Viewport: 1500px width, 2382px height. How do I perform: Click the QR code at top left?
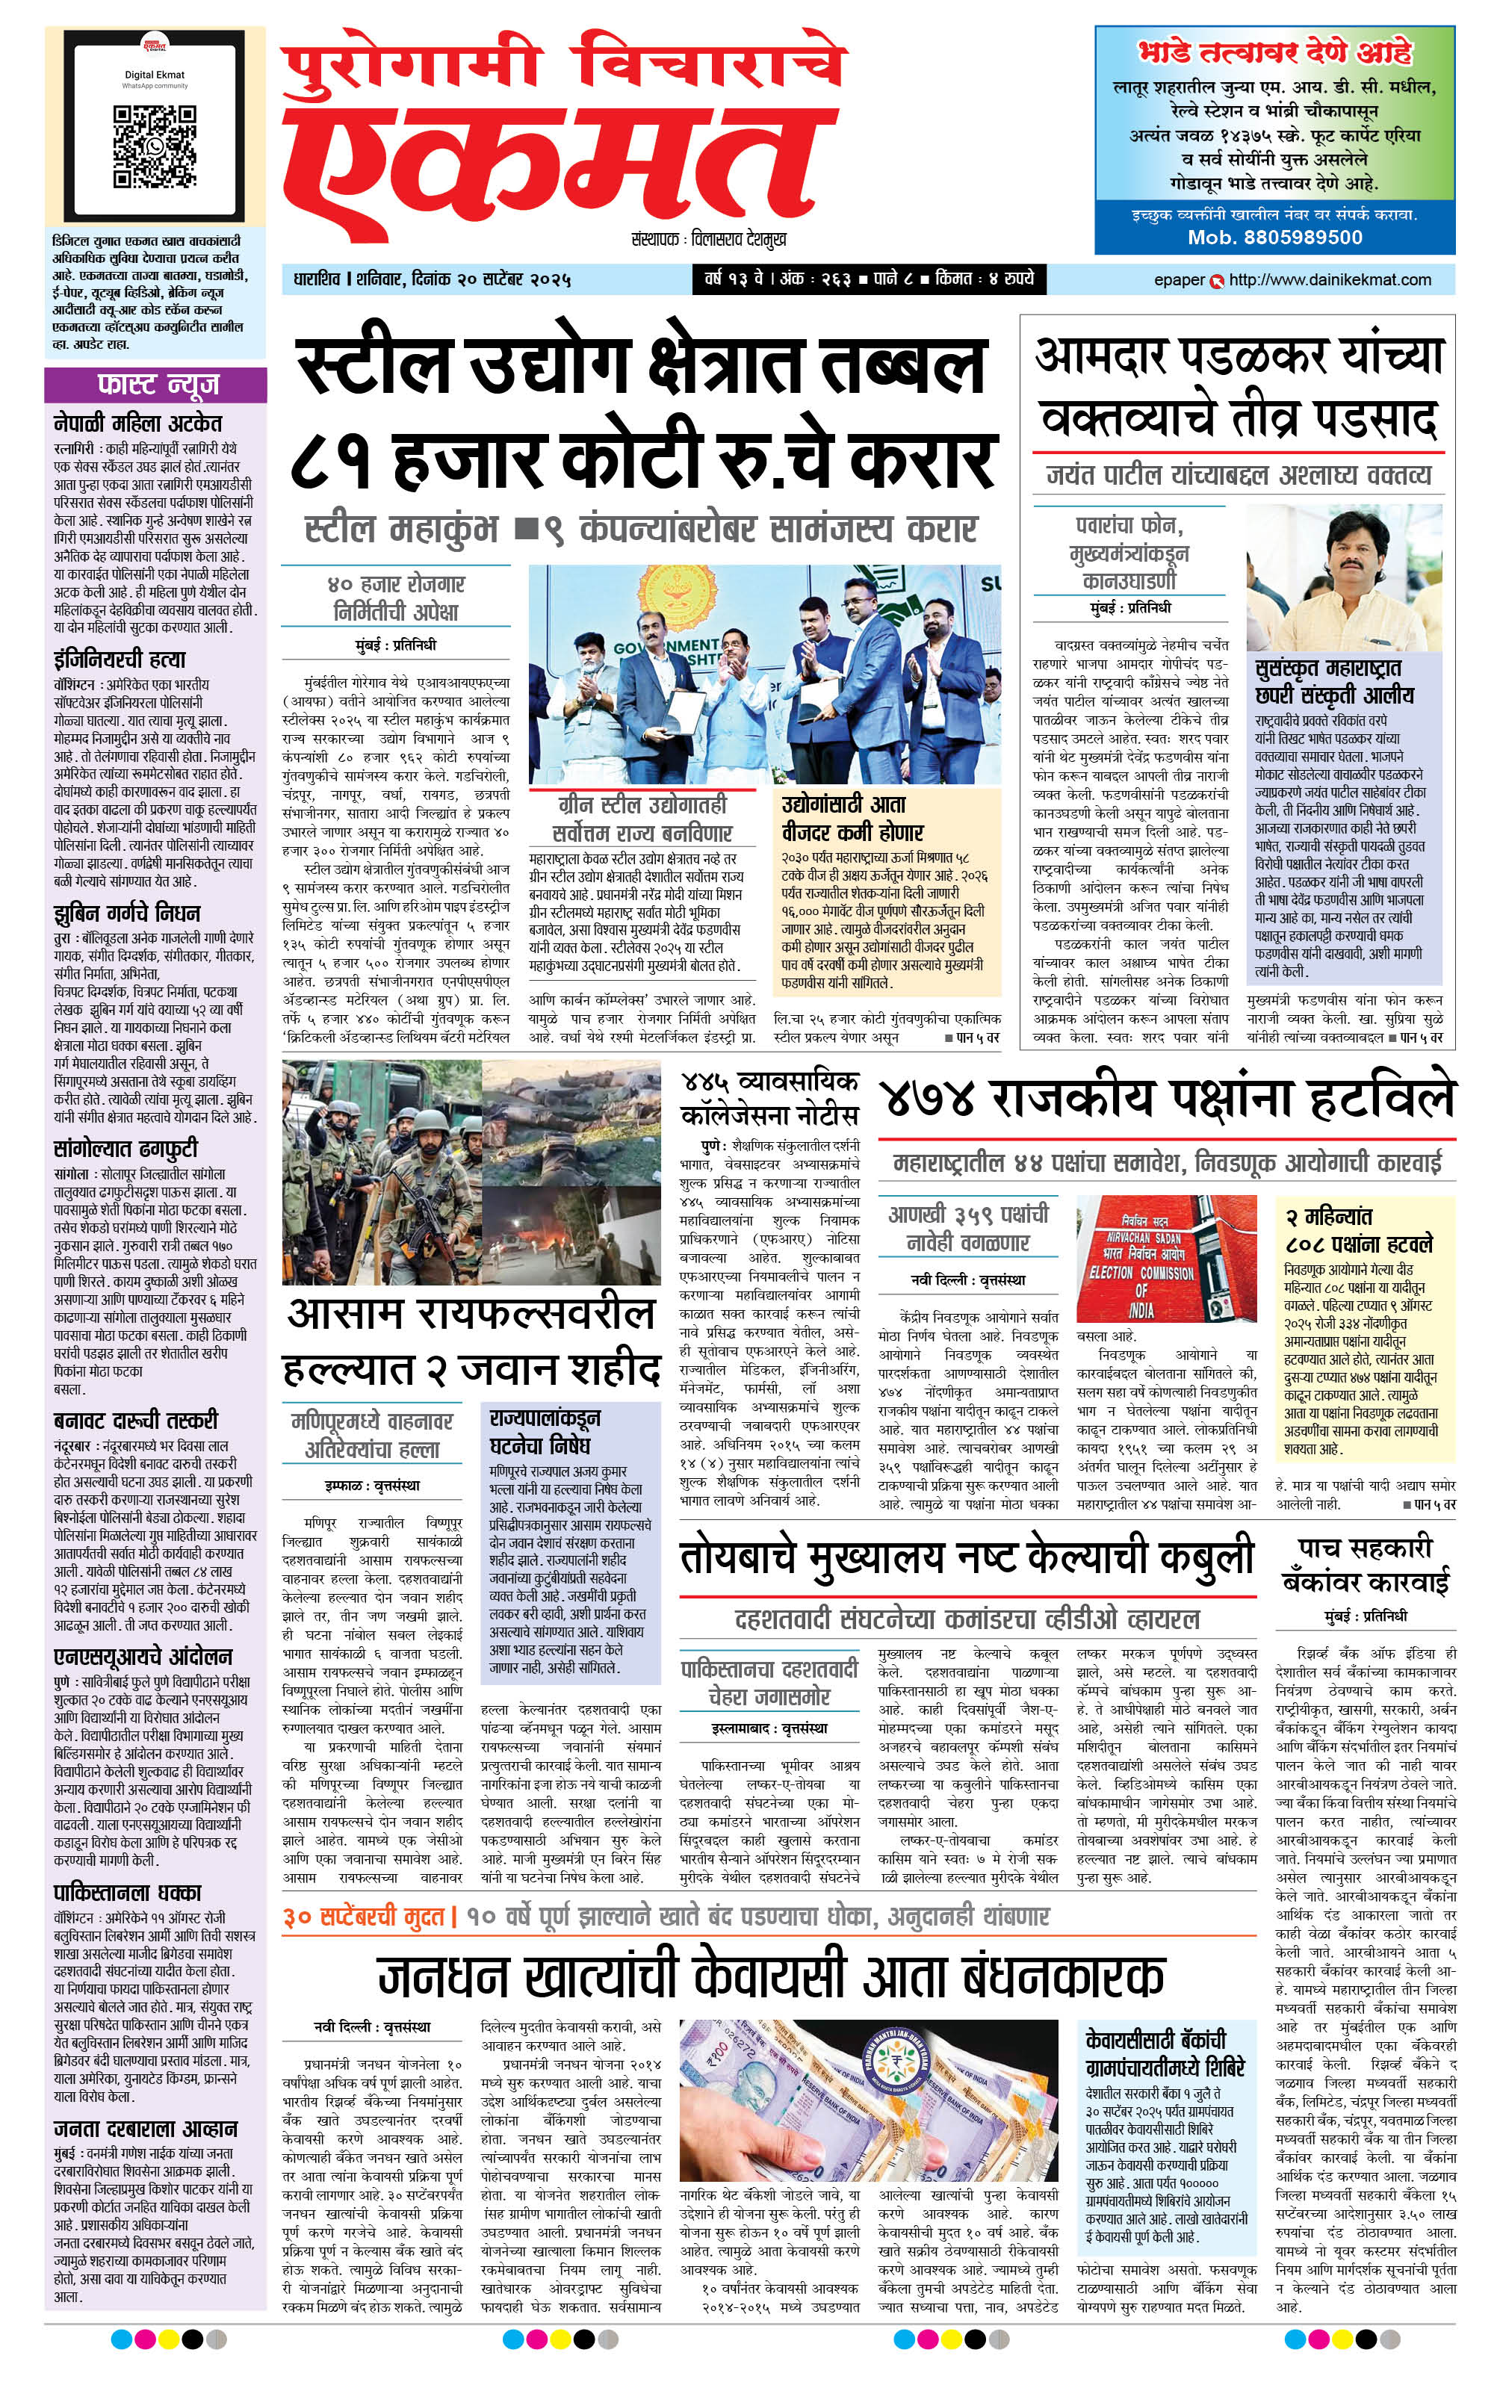(153, 144)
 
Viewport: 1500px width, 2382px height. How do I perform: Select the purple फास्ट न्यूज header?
(155, 384)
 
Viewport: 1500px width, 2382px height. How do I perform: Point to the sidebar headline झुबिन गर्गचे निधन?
(127, 912)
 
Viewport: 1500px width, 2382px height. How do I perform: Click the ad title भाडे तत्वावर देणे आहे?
(1274, 52)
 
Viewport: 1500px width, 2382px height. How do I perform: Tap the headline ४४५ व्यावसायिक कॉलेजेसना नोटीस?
(769, 1098)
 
